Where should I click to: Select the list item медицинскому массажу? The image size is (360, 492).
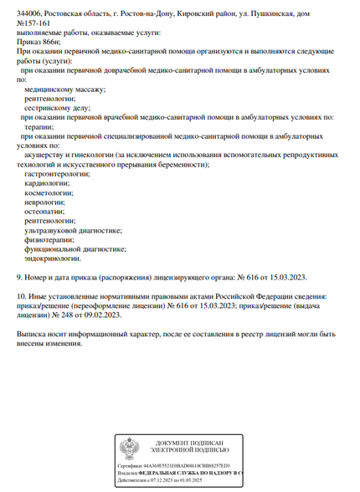(x=65, y=89)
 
